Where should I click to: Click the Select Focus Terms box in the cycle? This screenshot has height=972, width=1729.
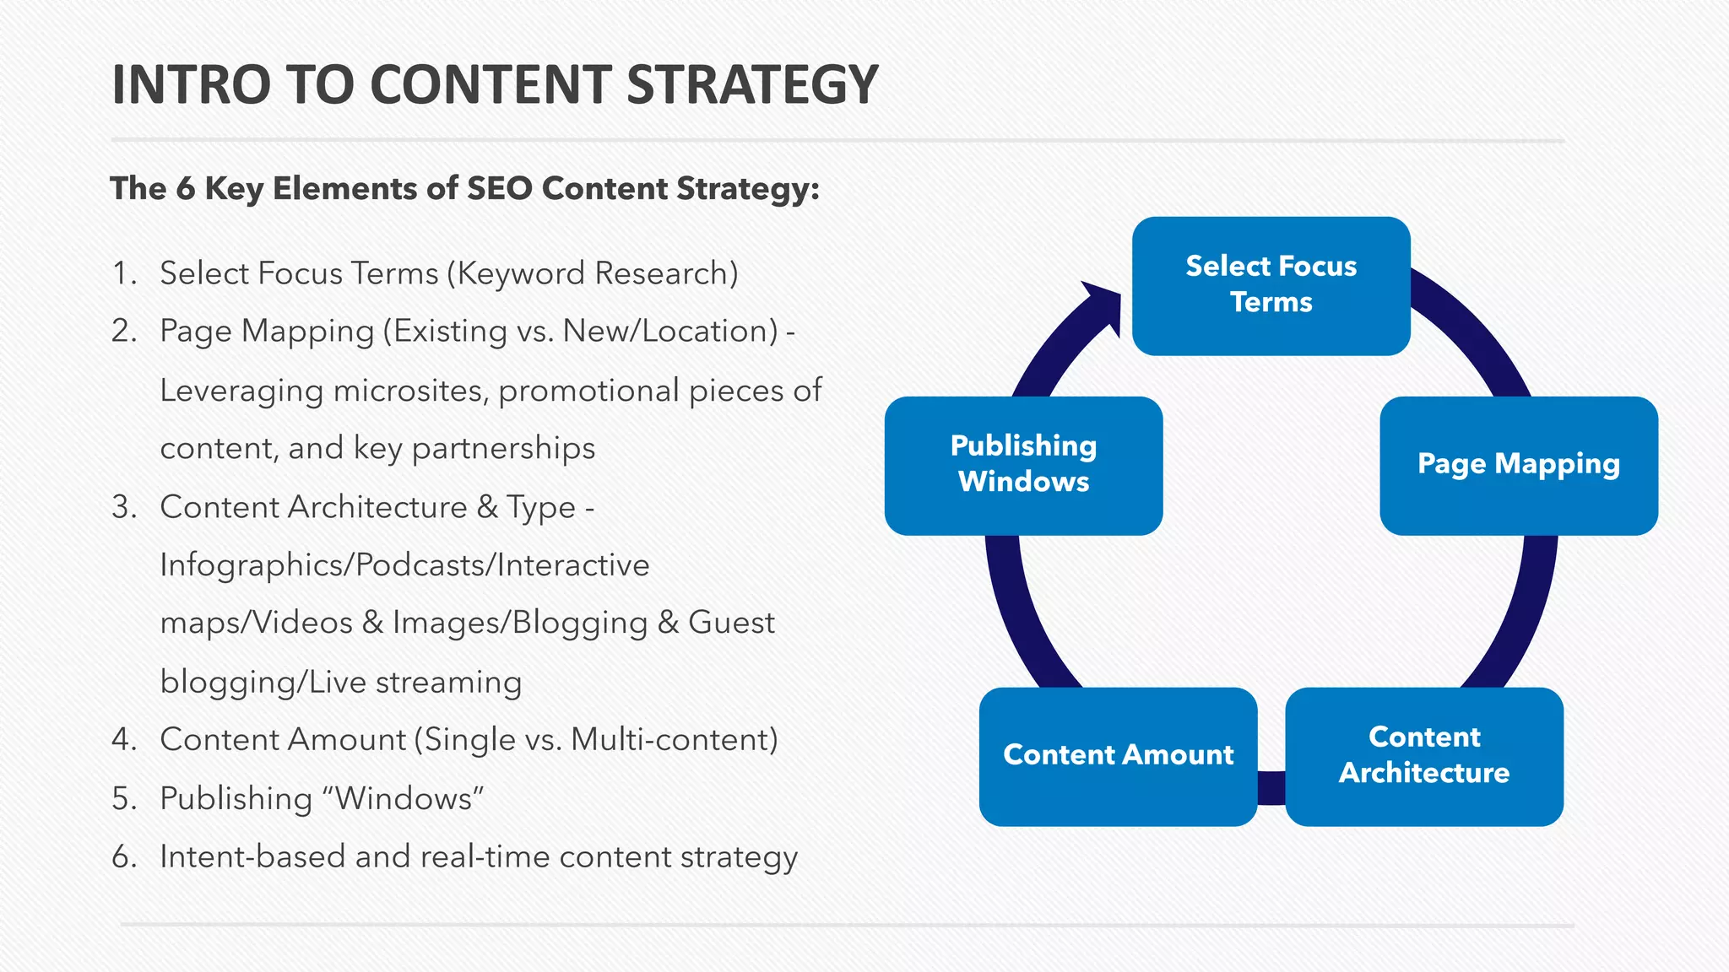coord(1271,285)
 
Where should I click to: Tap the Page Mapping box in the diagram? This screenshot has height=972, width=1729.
coord(1518,465)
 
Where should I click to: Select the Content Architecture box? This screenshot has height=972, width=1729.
coord(1423,756)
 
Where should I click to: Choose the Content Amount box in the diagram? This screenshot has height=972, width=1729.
coord(1118,756)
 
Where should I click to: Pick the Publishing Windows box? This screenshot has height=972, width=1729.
coord(1023,465)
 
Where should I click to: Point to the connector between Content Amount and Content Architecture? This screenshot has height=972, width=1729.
coord(1271,788)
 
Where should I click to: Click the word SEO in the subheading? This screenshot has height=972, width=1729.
coord(499,188)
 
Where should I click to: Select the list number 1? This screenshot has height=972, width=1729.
coord(123,273)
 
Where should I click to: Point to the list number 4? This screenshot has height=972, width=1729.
coord(123,740)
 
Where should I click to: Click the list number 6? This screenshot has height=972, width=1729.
coord(123,857)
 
